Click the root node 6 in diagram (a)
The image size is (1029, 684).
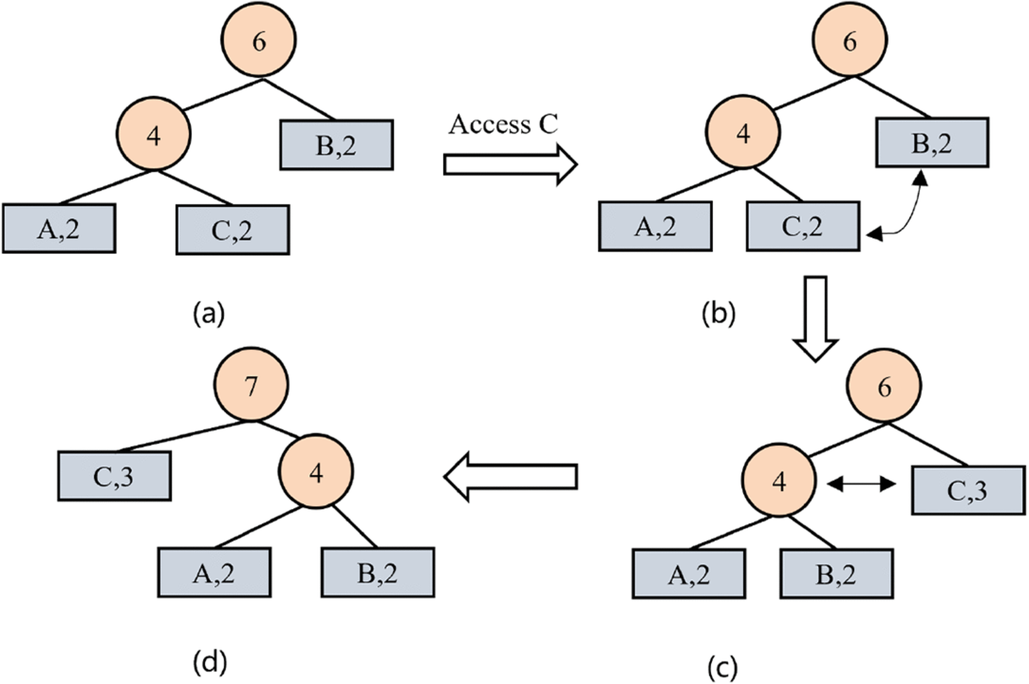[259, 40]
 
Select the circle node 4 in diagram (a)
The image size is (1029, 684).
[154, 134]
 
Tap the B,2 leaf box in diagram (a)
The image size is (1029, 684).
[337, 145]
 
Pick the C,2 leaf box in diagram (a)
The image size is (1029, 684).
[233, 230]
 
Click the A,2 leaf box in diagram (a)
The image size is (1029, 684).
[59, 229]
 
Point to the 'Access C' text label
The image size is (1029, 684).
[503, 124]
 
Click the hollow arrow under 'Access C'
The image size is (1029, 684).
[510, 165]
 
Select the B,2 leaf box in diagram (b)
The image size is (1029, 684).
[932, 143]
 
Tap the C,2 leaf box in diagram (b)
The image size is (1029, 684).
[803, 226]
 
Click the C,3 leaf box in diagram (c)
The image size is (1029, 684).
[968, 490]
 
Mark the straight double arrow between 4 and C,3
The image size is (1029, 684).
[861, 484]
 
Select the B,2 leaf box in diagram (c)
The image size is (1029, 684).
[837, 574]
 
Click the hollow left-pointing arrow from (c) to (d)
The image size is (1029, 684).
[510, 476]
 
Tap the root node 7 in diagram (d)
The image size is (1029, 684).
[252, 385]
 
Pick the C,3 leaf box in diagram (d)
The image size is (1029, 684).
[114, 476]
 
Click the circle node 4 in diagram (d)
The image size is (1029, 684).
[316, 472]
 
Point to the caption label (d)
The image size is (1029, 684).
[210, 662]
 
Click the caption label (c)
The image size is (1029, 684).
[722, 668]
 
